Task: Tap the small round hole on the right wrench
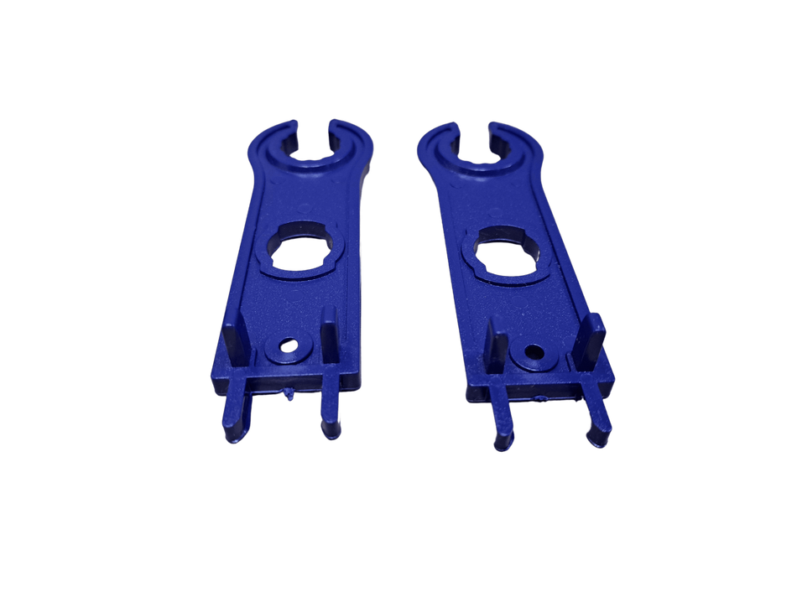532,353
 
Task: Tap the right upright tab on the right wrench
594,339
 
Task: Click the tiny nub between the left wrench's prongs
289,396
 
